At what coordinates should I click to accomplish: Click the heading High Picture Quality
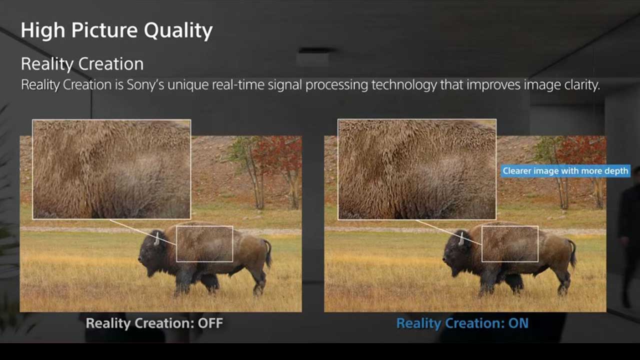tap(116, 30)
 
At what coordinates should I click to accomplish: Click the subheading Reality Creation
tap(82, 63)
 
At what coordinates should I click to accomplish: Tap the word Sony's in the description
tap(145, 85)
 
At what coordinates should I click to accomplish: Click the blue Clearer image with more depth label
tap(565, 171)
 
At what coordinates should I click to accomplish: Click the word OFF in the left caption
tap(210, 323)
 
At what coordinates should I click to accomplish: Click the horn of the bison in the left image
tap(156, 239)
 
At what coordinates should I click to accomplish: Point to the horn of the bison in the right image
tap(461, 239)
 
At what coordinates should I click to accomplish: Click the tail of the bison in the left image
tap(268, 253)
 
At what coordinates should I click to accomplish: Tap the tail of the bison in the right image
tap(572, 253)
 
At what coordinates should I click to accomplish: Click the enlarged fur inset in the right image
tap(417, 169)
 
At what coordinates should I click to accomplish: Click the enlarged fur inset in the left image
tap(111, 169)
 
